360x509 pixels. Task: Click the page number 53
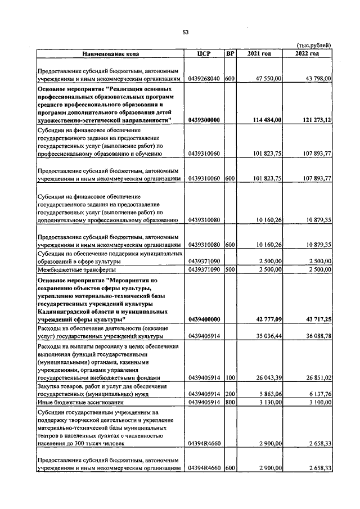[185, 32]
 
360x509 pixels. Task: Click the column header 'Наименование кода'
[111, 54]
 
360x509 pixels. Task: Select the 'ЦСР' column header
[204, 54]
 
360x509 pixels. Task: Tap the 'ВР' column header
[229, 54]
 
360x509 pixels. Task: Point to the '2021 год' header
[259, 54]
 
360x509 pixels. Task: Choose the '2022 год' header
[308, 54]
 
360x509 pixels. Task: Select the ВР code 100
[229, 377]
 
